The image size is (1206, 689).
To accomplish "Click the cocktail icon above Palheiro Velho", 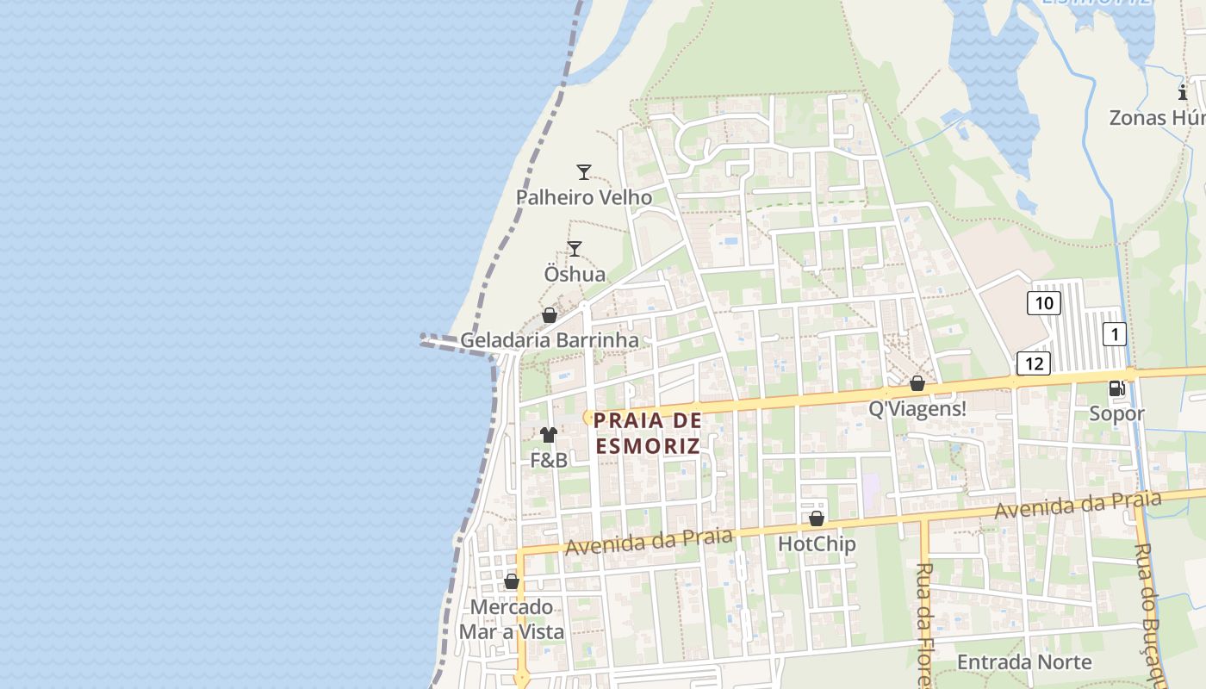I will (x=584, y=172).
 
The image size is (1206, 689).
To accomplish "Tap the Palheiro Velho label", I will (x=584, y=197).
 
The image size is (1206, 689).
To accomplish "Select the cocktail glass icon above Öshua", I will (x=575, y=249).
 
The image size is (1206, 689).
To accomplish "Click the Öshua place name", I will (x=575, y=274).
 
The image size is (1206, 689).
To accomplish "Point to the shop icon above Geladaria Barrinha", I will (x=550, y=315).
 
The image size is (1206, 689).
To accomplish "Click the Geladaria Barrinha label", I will (x=550, y=340).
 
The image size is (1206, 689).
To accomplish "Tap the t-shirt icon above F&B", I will (x=549, y=435).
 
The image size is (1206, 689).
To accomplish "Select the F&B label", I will (x=549, y=461).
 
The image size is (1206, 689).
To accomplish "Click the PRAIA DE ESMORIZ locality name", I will (x=647, y=433).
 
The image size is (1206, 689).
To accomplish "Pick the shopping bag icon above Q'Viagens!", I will (x=917, y=383).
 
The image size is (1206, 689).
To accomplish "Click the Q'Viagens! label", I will (x=917, y=409).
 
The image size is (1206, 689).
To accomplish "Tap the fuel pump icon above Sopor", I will (x=1117, y=388).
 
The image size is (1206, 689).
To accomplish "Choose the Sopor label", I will (x=1117, y=413).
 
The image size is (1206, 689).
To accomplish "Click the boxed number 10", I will (x=1044, y=303).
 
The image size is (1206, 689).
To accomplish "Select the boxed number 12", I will (x=1034, y=363).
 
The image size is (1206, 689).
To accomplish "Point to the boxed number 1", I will (x=1115, y=334).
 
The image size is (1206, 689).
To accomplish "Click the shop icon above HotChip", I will (x=817, y=518).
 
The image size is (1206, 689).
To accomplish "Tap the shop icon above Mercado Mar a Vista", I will (x=512, y=581).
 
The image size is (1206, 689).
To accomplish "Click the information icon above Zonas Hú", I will (x=1183, y=92).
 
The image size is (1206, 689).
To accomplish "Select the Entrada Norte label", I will (x=1024, y=662).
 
